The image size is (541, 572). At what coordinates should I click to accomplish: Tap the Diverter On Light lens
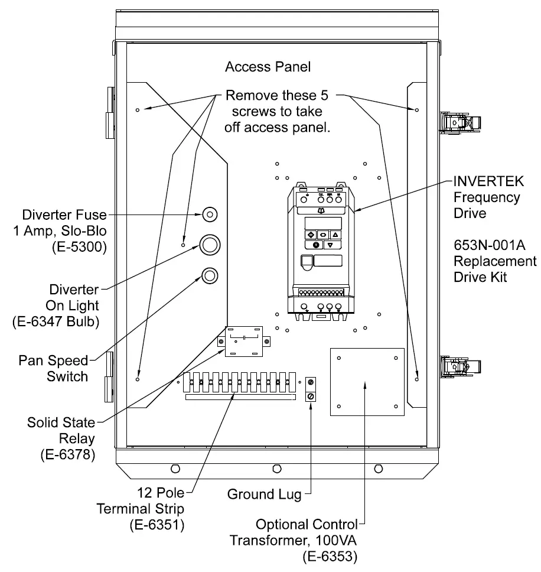(210, 244)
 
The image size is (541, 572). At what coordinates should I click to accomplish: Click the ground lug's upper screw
(311, 382)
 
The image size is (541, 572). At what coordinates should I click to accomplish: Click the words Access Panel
(268, 67)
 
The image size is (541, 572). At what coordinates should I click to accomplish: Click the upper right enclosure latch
(461, 122)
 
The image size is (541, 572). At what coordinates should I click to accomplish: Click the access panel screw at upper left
(138, 110)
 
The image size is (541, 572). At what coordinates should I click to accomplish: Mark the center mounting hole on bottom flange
(276, 469)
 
